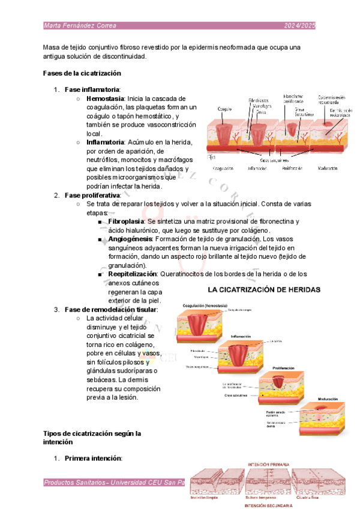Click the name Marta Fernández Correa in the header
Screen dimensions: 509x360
80,26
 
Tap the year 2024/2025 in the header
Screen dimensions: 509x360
299,26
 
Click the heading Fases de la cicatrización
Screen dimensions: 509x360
82,73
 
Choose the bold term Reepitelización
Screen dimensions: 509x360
133,274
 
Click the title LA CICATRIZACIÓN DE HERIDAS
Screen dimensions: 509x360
264,289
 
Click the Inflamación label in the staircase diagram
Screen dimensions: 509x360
241,337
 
